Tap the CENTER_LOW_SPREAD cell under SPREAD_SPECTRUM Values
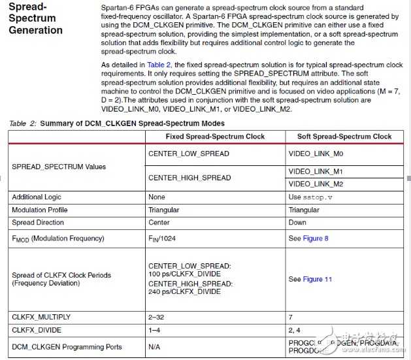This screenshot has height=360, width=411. tap(189, 154)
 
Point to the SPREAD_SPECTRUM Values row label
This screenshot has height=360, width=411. tap(59, 167)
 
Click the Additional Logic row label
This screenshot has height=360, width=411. tap(40, 197)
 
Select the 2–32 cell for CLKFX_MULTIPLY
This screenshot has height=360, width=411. tap(157, 316)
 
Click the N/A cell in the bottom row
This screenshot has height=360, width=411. tap(155, 346)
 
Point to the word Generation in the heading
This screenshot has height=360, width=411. tap(36, 30)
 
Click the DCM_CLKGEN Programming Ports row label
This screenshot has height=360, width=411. tap(67, 346)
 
